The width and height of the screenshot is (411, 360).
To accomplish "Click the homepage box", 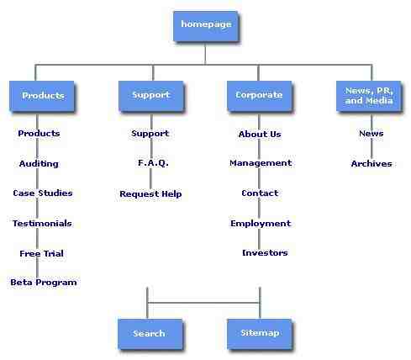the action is coord(206,26).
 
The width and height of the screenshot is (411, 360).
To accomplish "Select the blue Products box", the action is coord(42,96).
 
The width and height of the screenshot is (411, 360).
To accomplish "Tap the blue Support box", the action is coord(151,96).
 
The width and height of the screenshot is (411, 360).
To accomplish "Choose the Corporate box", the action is coord(259,96).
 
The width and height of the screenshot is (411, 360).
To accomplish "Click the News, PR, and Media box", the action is coord(368,96).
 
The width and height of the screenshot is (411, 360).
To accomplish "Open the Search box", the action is coord(150,334).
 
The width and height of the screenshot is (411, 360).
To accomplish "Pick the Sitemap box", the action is coord(260,334).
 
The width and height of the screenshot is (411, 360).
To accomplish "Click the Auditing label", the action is coord(39,164).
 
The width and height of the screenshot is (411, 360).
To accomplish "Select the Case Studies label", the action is coord(43,193).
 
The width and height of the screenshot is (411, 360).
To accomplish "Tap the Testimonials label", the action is coord(42,224).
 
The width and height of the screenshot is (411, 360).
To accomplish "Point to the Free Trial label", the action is coord(41,253).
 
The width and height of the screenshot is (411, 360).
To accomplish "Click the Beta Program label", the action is coord(44,283).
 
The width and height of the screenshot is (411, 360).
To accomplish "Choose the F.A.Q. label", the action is coord(153,163).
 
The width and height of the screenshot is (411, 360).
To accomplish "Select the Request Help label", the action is coord(150,193).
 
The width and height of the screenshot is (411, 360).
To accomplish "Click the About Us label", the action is coord(260,135).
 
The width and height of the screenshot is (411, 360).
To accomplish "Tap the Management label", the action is coord(261,163).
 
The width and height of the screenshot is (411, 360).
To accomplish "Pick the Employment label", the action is coord(261,224).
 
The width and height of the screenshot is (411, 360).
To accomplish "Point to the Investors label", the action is coord(265,253).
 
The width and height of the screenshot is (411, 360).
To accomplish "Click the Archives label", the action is coord(371,164).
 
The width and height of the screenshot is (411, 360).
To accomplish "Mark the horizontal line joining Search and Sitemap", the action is coord(203,303).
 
